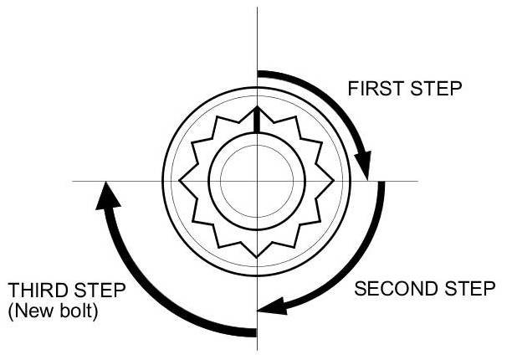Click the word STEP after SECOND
click(x=466, y=290)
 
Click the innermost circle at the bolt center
click(x=257, y=181)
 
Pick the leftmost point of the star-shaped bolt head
click(x=182, y=181)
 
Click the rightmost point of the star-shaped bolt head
click(x=332, y=181)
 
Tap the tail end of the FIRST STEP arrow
click(x=259, y=74)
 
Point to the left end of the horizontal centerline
click(x=74, y=181)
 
